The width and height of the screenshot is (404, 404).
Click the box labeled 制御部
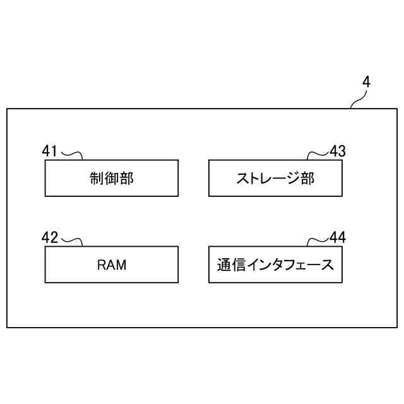(x=111, y=178)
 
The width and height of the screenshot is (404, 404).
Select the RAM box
(x=111, y=264)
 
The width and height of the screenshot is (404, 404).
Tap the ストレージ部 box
(x=275, y=178)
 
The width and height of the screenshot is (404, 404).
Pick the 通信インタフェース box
(x=275, y=264)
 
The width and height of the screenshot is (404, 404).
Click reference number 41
(x=50, y=151)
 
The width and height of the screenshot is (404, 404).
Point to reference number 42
(x=50, y=238)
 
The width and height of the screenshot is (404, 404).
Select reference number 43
(x=338, y=151)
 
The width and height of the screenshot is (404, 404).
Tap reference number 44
(x=338, y=238)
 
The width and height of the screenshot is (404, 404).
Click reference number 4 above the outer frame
(x=367, y=83)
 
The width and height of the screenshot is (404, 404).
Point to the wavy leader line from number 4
(x=359, y=98)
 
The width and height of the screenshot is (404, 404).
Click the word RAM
(x=112, y=265)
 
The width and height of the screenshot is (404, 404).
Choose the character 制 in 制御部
(x=97, y=179)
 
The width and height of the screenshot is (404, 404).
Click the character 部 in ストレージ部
(x=307, y=179)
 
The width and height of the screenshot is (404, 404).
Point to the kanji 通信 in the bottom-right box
(x=229, y=265)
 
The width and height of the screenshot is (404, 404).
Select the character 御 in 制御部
(x=112, y=179)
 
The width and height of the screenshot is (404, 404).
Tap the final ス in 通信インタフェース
(x=327, y=265)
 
